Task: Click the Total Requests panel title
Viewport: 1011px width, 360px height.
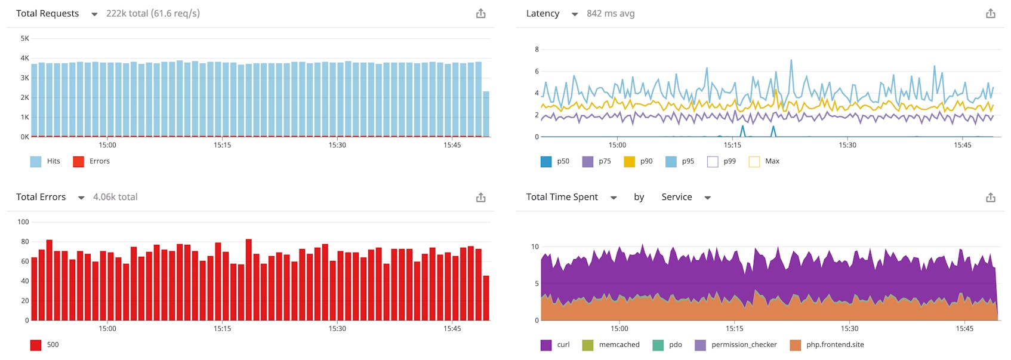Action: pyautogui.click(x=47, y=13)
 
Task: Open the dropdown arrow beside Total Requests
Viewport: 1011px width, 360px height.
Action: pyautogui.click(x=94, y=14)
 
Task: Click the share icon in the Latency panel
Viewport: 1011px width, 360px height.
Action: pyautogui.click(x=990, y=13)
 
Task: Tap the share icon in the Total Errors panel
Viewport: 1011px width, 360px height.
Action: pyautogui.click(x=480, y=197)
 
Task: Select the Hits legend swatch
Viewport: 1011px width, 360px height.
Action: pyautogui.click(x=36, y=161)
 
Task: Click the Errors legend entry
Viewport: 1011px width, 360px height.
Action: pyautogui.click(x=99, y=161)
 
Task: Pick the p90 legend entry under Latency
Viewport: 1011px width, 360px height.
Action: pyautogui.click(x=646, y=161)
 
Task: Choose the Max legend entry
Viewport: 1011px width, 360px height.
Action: pyautogui.click(x=772, y=161)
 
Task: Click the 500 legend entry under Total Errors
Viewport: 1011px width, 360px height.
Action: pyautogui.click(x=53, y=344)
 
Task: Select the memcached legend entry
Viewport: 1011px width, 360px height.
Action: pyautogui.click(x=619, y=344)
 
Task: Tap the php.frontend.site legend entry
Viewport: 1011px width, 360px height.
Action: pyautogui.click(x=834, y=344)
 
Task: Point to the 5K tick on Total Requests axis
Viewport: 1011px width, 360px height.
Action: pyautogui.click(x=24, y=38)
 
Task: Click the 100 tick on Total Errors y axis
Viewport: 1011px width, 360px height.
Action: pyautogui.click(x=23, y=221)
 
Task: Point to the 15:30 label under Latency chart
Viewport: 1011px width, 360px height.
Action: pyautogui.click(x=847, y=145)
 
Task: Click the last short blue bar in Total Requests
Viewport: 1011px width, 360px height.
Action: pyautogui.click(x=486, y=115)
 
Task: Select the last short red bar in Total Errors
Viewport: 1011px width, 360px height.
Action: pyautogui.click(x=486, y=299)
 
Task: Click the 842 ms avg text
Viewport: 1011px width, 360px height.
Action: pyautogui.click(x=610, y=13)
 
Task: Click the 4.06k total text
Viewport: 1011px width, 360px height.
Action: pyautogui.click(x=115, y=197)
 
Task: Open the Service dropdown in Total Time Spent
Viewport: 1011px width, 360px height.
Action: pyautogui.click(x=707, y=198)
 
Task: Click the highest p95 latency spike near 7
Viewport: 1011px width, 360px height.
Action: pyautogui.click(x=791, y=60)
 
